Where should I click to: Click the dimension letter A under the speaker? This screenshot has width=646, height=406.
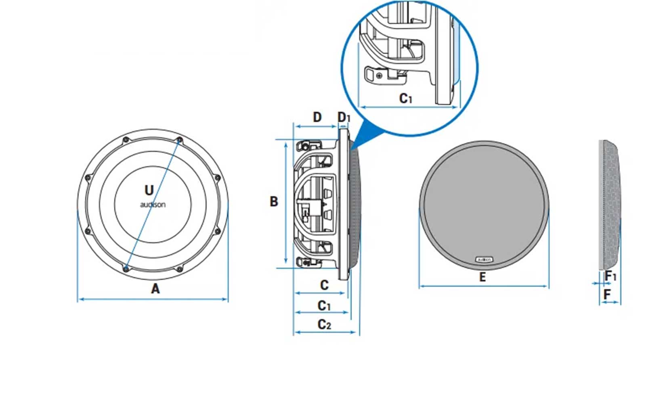(155, 289)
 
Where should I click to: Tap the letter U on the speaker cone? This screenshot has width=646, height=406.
(149, 190)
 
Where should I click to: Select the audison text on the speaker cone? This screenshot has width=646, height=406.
(153, 205)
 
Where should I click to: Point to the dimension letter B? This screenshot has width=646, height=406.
(274, 201)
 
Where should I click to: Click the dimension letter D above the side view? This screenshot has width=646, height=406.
(317, 117)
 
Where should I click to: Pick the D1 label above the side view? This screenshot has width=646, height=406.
(344, 117)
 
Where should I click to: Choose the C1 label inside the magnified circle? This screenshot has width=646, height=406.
(405, 98)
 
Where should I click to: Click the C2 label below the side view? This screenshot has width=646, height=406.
(324, 324)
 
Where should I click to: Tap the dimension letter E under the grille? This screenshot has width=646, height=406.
(482, 277)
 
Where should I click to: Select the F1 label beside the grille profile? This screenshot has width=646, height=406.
(610, 276)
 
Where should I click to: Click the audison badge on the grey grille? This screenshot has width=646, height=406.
(484, 260)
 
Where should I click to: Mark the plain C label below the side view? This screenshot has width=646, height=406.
(324, 285)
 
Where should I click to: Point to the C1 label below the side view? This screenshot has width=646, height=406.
(324, 306)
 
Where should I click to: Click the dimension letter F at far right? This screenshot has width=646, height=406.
(607, 295)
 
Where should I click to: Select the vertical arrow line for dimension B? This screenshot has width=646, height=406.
(286, 202)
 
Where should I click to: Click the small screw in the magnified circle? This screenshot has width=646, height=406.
(379, 75)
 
